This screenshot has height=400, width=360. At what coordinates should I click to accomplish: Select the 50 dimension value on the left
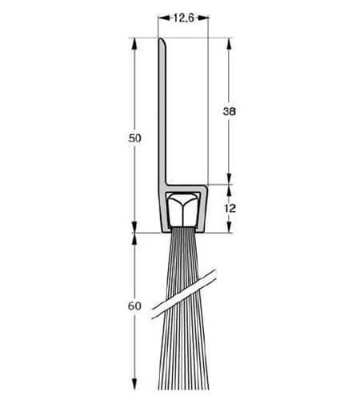click(x=134, y=138)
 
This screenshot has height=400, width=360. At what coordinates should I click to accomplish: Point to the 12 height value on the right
click(x=230, y=208)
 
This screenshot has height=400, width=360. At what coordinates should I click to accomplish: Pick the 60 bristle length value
click(x=134, y=306)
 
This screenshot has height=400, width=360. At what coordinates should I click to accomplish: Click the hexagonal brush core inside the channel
click(x=182, y=210)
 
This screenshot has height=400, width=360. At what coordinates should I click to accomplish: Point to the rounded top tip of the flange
click(x=162, y=40)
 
